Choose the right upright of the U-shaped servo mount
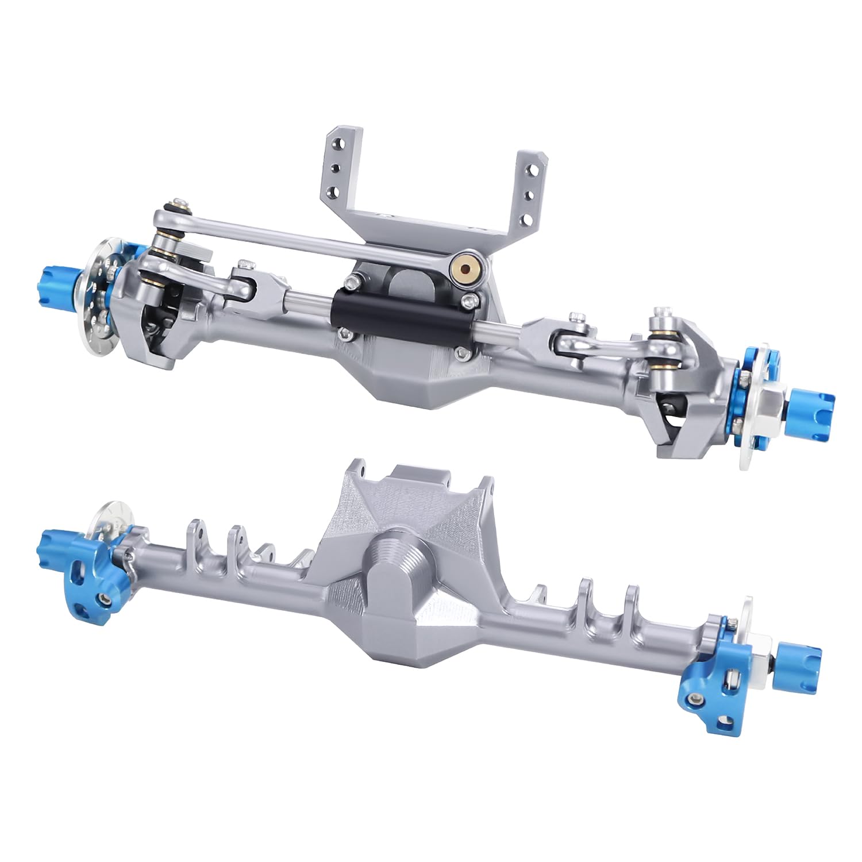coord(532,190)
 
